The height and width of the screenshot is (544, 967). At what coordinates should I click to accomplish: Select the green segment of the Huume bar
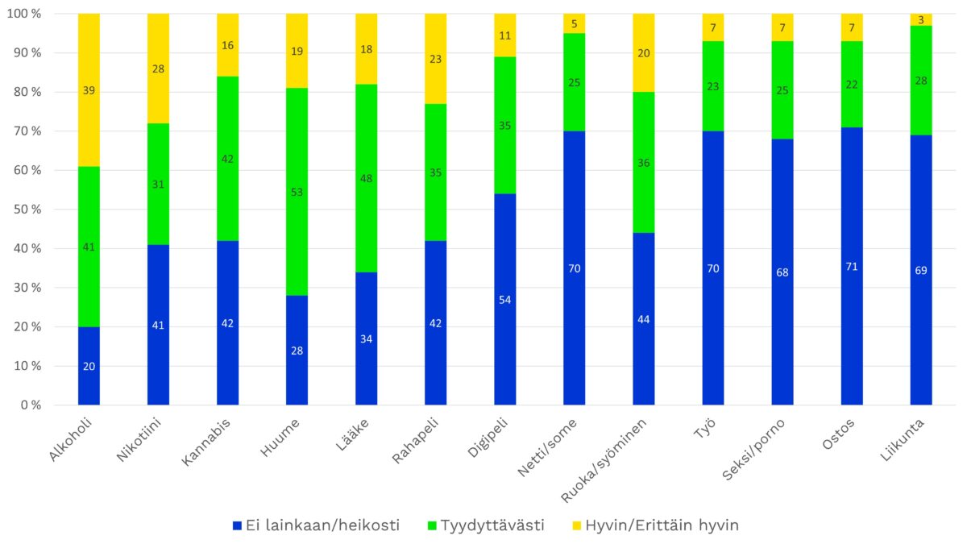[x=297, y=226]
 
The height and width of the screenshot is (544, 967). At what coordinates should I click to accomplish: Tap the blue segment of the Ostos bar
[x=852, y=322]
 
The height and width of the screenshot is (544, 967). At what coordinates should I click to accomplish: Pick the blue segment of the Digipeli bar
[x=505, y=338]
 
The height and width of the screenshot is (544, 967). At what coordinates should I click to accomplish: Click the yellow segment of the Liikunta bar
[x=921, y=19]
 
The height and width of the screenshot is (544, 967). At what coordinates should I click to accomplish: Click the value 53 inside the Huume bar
[x=297, y=192]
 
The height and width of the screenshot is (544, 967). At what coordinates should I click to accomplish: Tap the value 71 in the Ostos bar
[x=852, y=266]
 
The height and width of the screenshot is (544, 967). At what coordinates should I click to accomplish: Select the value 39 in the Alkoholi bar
[x=89, y=90]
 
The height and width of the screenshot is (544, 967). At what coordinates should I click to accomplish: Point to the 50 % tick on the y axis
[x=25, y=210]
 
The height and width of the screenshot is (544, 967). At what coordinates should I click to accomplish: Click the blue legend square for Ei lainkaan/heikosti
[x=236, y=525]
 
